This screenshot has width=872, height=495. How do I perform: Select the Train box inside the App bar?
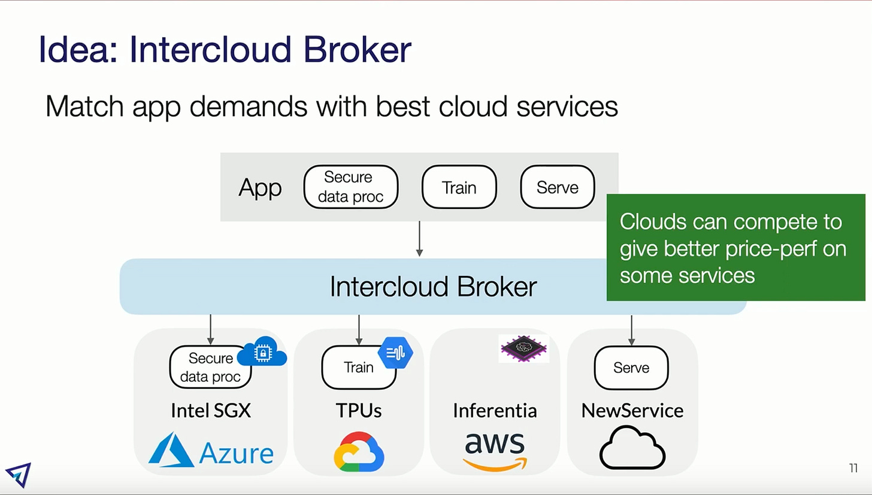pos(459,187)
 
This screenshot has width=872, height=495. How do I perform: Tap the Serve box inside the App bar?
pos(558,187)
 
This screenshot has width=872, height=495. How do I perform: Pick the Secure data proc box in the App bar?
pos(350,187)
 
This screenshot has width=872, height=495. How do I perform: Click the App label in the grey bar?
pos(260,188)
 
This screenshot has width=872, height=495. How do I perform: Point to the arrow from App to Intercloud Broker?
pos(419,239)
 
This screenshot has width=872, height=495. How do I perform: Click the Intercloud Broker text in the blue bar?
pos(433,287)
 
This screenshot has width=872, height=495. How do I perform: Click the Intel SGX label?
pos(211,411)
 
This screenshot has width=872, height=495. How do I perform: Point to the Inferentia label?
pos(495,411)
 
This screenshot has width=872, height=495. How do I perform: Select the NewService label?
pos(632,411)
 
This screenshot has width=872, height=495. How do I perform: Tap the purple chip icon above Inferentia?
pos(523,348)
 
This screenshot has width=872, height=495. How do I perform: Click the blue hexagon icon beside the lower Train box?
pos(396,353)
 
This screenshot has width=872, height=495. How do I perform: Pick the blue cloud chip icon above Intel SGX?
pos(262,353)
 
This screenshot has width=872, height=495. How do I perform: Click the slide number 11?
pos(853,468)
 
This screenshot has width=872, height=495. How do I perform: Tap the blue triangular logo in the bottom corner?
pos(18,475)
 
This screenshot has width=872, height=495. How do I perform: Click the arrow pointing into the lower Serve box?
pos(632,330)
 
